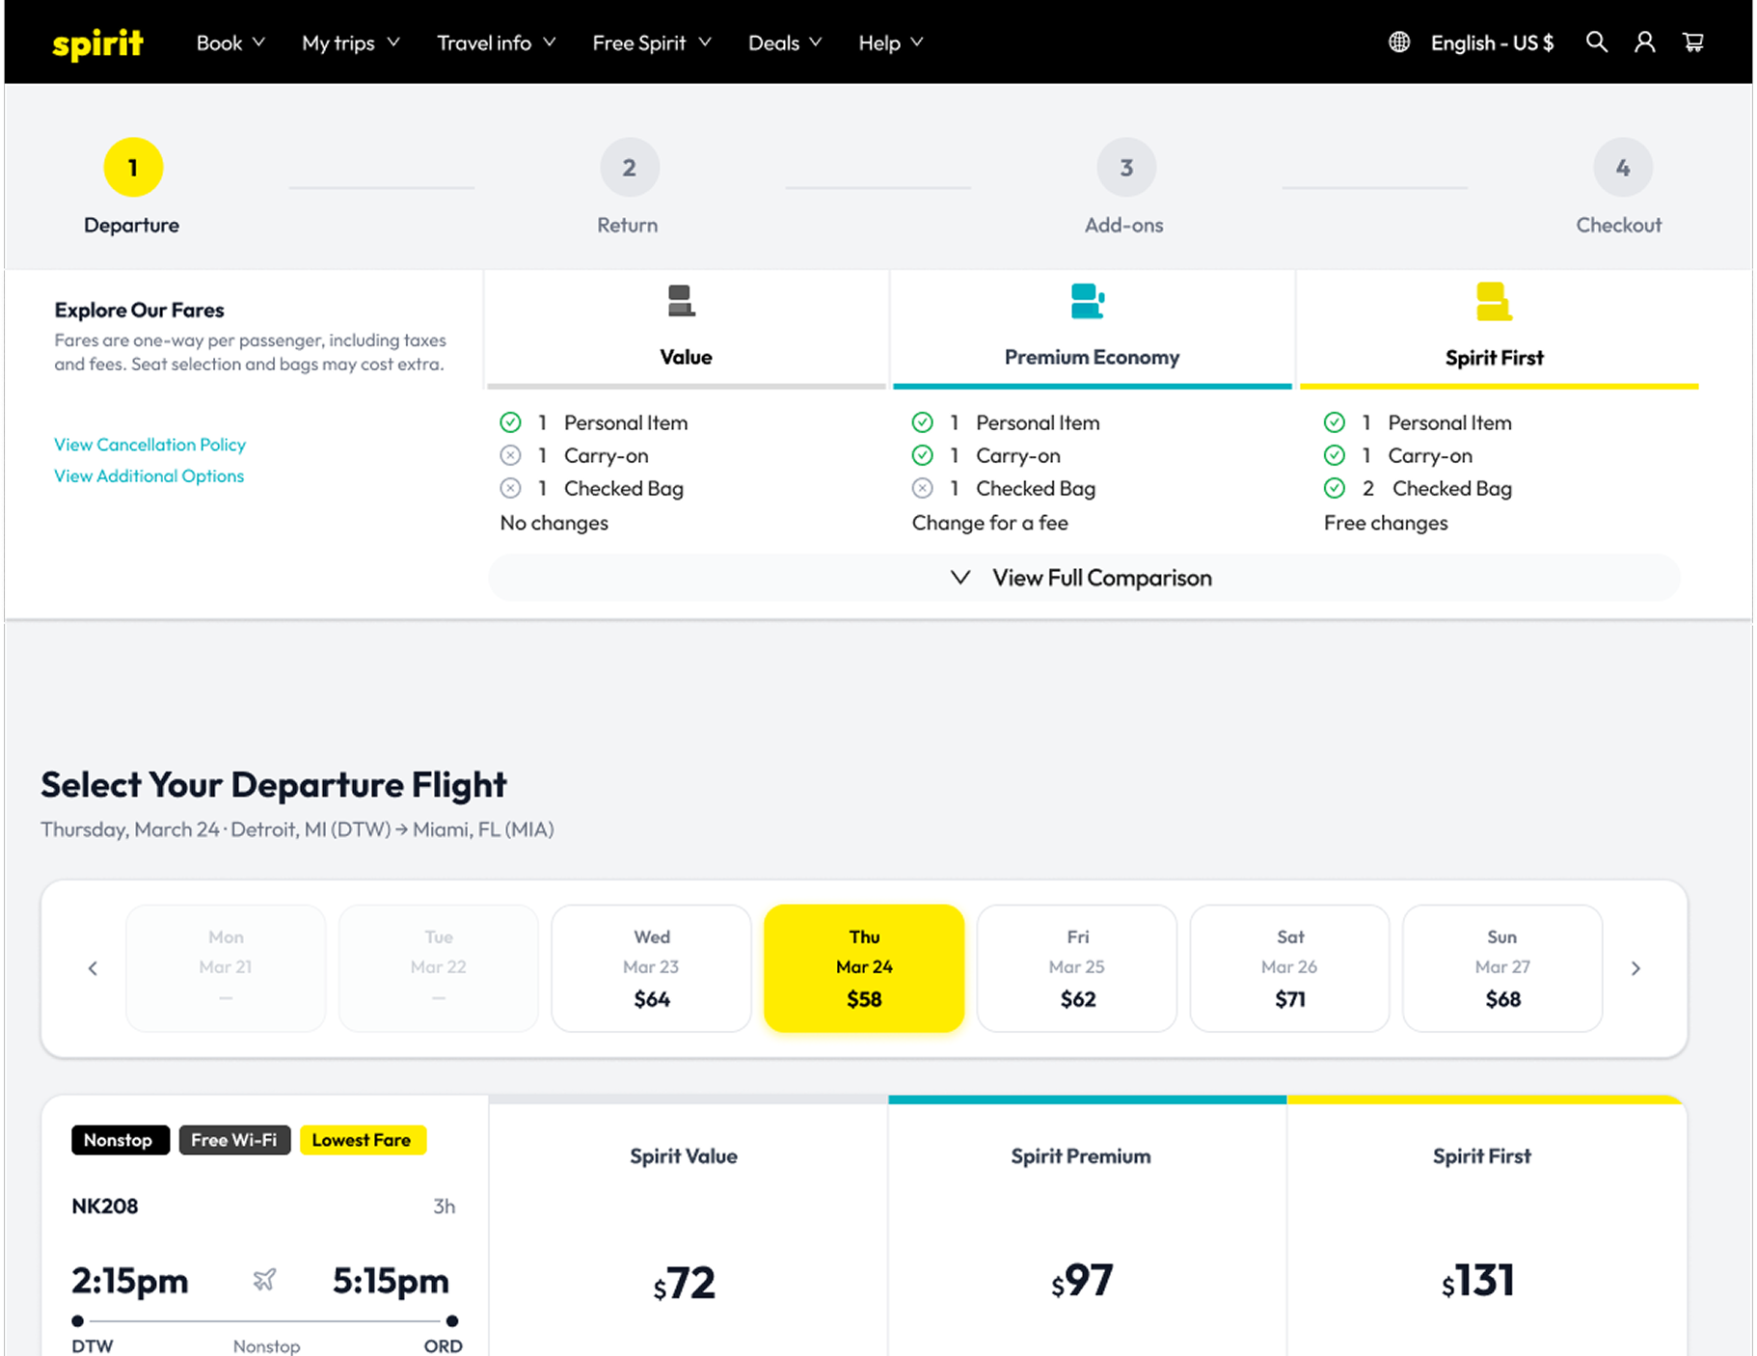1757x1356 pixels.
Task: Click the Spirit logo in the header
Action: [x=97, y=43]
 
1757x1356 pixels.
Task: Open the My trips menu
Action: [x=350, y=43]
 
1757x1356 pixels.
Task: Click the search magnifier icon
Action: [x=1597, y=42]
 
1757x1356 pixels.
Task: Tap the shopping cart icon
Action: [x=1693, y=42]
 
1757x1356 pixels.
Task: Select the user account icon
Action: [x=1645, y=42]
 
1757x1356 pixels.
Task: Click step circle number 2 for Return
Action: [x=629, y=168]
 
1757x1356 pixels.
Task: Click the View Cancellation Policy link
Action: [x=149, y=445]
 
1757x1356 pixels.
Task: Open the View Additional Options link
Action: [x=149, y=476]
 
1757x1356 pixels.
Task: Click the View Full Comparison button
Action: [x=1084, y=578]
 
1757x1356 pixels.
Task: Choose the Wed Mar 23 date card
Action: [x=651, y=968]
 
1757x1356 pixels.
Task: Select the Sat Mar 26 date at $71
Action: [x=1289, y=968]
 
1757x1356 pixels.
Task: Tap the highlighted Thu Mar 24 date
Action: [x=864, y=968]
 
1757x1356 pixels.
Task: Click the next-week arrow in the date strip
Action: [x=1635, y=968]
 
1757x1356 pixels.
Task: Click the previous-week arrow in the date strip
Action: [x=93, y=968]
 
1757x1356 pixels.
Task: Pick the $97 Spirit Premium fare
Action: [x=1082, y=1282]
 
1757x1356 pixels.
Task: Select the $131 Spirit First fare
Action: [x=1478, y=1282]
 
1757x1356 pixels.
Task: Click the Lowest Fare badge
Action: [x=362, y=1140]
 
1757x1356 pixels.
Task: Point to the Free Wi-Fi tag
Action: [x=234, y=1140]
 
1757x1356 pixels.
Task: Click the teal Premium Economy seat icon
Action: [x=1088, y=301]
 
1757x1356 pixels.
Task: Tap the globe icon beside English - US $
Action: [x=1399, y=42]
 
